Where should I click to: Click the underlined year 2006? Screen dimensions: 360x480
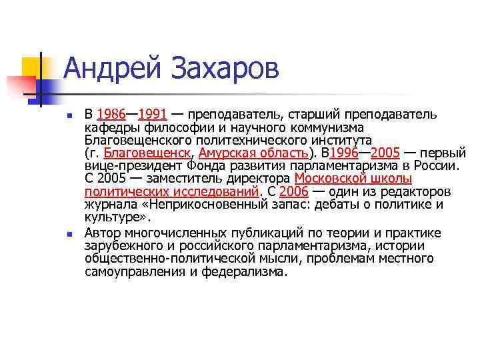pos(293,192)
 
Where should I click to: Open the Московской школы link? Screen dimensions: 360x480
pos(353,179)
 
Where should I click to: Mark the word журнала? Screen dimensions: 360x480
pos(108,205)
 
